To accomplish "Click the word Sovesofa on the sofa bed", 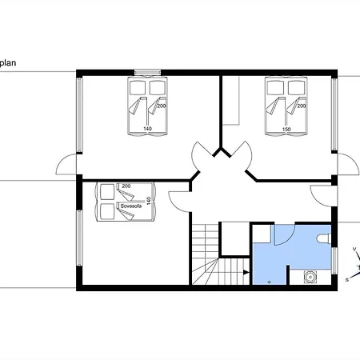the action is [x=131, y=206].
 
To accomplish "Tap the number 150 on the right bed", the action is [x=286, y=130].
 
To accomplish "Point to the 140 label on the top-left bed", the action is [x=147, y=129].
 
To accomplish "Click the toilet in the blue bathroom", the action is [x=324, y=238].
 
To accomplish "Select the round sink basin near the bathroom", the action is [x=310, y=277].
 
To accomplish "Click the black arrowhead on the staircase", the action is [x=246, y=272].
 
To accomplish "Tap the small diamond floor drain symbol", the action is [x=270, y=282].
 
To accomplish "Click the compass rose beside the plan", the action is [x=355, y=264].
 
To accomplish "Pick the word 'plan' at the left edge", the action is [x=8, y=63].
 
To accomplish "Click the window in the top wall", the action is [x=147, y=72].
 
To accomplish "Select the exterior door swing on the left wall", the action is [x=66, y=165].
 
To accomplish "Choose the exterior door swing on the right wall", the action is [x=348, y=164].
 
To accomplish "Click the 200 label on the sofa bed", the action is [x=126, y=186].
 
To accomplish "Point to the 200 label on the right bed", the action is [x=302, y=106].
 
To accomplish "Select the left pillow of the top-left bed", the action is [x=138, y=88].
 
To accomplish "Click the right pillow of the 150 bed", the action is [x=296, y=88].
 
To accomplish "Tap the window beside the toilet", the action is [x=334, y=261].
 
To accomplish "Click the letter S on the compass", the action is [x=347, y=280].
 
